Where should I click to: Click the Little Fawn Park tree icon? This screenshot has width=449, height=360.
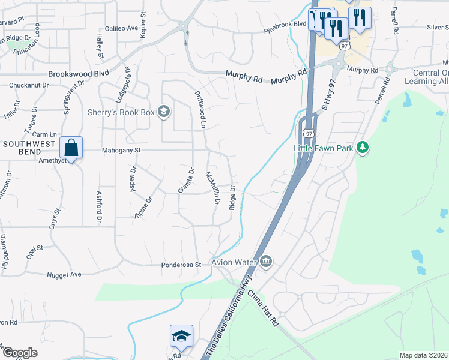pos(362,148)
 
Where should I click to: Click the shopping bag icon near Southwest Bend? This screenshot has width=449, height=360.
pos(71,148)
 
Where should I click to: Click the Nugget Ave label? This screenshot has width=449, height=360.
pos(64,274)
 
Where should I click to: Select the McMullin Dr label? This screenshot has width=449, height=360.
pos(211,188)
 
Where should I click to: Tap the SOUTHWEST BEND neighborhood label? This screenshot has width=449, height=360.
pos(29,145)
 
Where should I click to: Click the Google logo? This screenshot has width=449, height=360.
pos(19,353)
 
